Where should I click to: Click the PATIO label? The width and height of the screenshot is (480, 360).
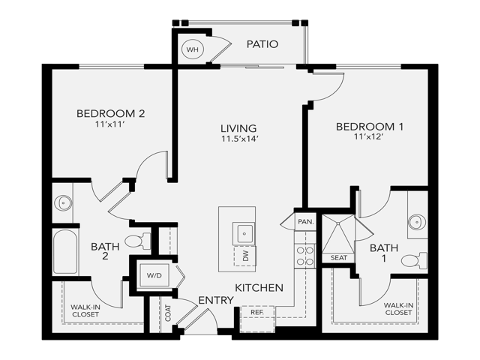[x=262, y=44]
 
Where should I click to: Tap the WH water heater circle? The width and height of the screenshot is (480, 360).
[x=193, y=49]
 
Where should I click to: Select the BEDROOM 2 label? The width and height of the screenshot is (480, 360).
[x=110, y=113]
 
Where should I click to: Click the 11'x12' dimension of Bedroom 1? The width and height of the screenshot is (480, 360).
[x=370, y=137]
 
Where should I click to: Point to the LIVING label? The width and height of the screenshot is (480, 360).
[x=238, y=128]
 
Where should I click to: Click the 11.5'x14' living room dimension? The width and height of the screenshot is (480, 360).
[x=238, y=139]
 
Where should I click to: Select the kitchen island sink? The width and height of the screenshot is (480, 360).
[x=244, y=232]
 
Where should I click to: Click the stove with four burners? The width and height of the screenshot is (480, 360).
[x=304, y=256]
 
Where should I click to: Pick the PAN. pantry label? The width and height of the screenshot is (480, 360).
[x=304, y=222]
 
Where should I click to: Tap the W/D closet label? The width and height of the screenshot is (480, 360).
[x=154, y=275]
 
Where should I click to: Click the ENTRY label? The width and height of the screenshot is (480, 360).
[x=216, y=301]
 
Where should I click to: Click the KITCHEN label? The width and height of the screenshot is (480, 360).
[x=259, y=288]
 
